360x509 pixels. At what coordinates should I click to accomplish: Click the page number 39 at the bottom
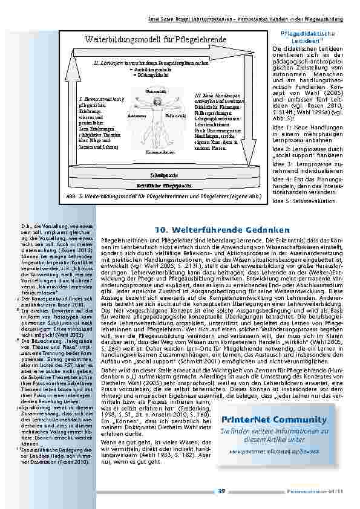pos(221,490)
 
